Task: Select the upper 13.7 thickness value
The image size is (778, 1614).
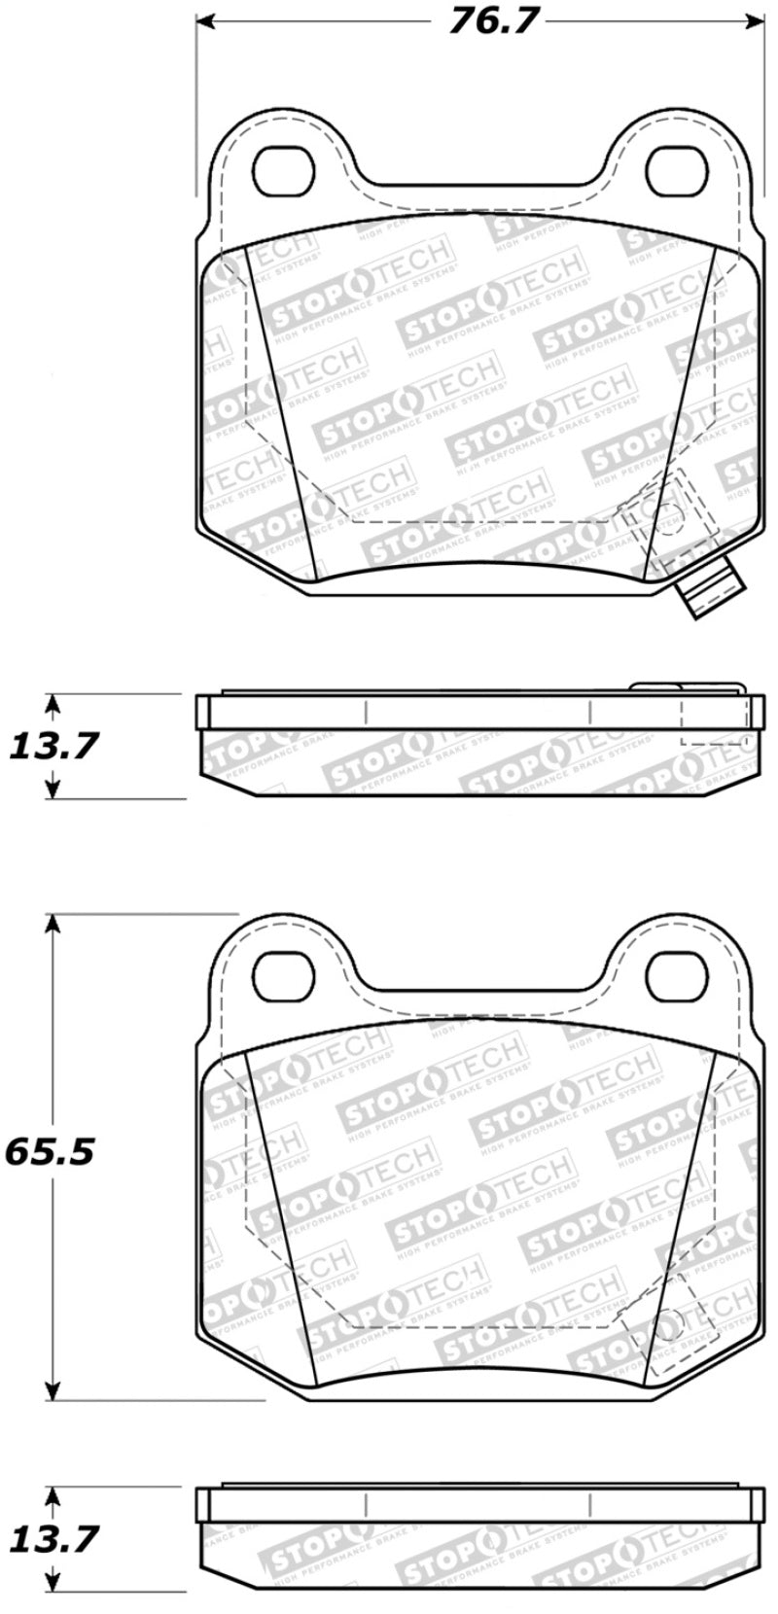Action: click(x=54, y=747)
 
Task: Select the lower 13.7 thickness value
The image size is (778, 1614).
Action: click(x=54, y=1540)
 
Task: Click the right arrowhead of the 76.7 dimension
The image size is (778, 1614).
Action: click(x=756, y=20)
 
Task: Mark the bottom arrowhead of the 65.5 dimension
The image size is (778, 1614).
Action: click(x=54, y=1390)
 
